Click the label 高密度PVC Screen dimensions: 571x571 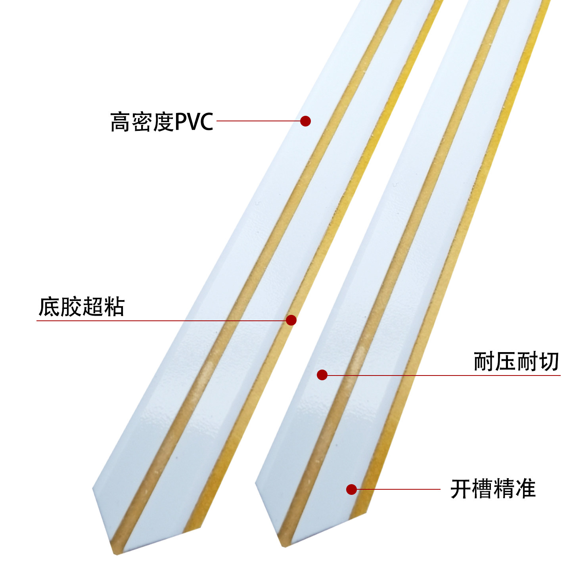[x=162, y=122]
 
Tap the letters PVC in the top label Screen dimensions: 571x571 [x=194, y=122]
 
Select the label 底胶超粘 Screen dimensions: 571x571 [x=81, y=307]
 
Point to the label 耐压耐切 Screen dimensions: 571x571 [x=516, y=361]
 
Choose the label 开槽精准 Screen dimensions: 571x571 [x=493, y=489]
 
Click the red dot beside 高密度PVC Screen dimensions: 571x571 [x=305, y=121]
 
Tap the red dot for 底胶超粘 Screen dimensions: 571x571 [x=291, y=320]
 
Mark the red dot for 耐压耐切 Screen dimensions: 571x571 [x=322, y=375]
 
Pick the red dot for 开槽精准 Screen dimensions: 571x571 [x=351, y=489]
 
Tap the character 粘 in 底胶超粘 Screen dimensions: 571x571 [x=114, y=307]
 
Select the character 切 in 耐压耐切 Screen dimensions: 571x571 [x=548, y=361]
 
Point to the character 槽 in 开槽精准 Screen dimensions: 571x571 [x=482, y=489]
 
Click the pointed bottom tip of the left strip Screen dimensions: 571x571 [x=116, y=554]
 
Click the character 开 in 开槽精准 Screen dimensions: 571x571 [x=461, y=489]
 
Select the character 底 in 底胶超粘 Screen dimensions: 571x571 [x=49, y=307]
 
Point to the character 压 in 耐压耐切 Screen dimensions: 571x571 [x=506, y=361]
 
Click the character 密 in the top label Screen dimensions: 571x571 [x=142, y=122]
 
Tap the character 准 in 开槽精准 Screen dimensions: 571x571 [x=525, y=489]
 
